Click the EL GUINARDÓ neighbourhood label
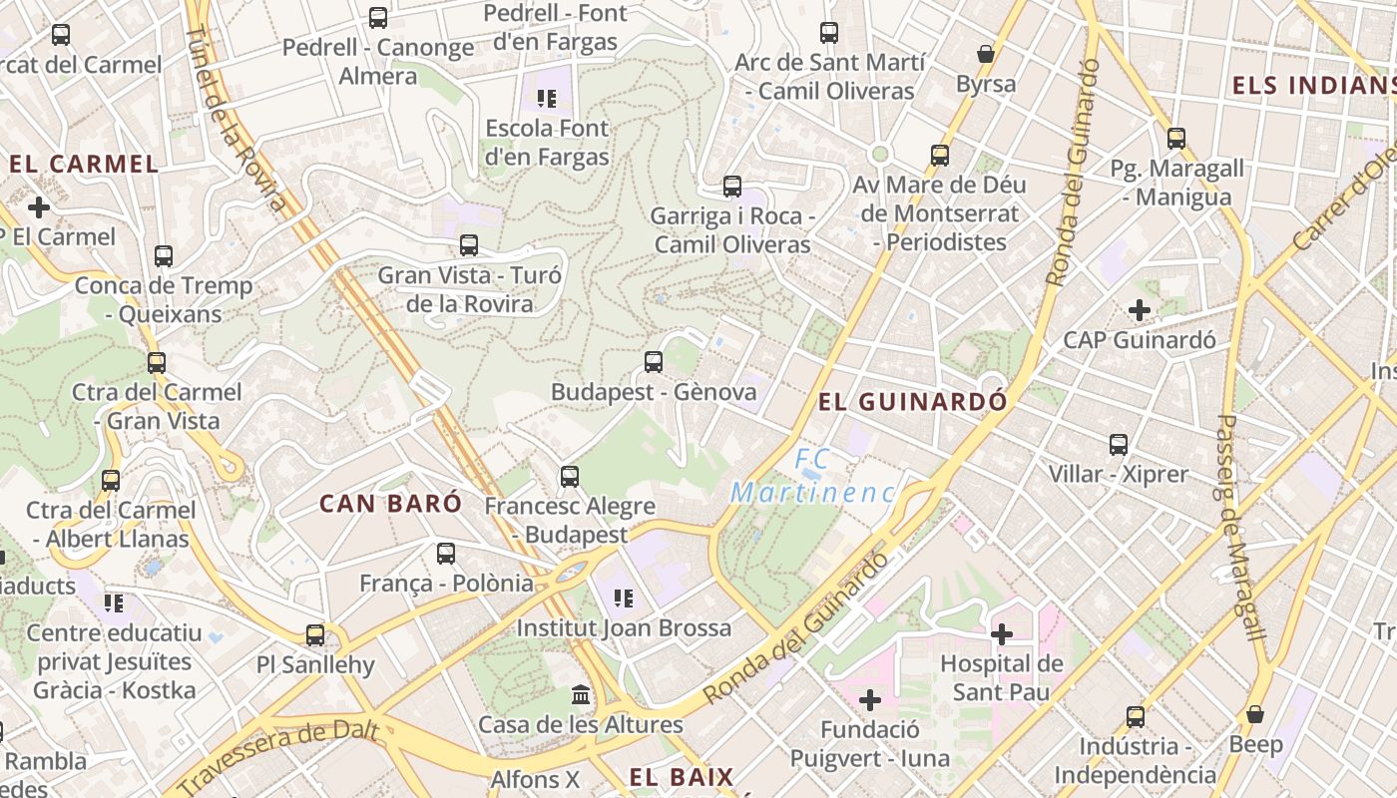point(912,402)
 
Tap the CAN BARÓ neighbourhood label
point(391,504)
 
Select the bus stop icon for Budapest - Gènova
point(654,361)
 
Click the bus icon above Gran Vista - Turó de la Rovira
point(469,244)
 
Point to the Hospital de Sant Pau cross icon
point(1002,633)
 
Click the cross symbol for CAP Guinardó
point(1140,310)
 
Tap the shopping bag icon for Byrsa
point(986,54)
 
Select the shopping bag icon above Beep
point(1255,714)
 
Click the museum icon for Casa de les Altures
point(581,694)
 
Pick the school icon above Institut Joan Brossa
point(624,598)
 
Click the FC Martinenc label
point(812,477)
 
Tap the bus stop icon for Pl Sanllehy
point(315,634)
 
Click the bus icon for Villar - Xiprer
point(1119,444)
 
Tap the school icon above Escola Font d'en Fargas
point(546,98)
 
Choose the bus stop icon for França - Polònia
point(446,553)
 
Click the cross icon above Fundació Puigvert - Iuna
point(870,700)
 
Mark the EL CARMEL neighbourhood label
point(84,165)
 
